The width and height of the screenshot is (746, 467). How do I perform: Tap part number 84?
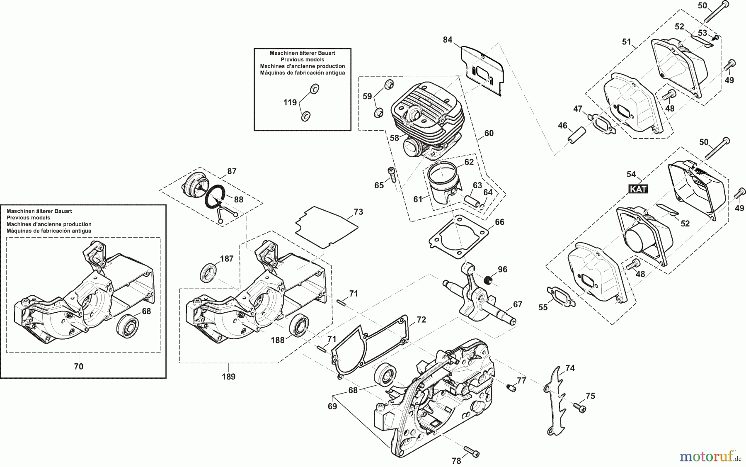pos(448,40)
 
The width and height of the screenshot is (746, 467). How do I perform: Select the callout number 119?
pos(290,102)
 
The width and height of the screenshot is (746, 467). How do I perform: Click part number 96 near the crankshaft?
pos(502,270)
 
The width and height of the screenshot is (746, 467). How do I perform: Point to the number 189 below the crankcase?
pos(229,377)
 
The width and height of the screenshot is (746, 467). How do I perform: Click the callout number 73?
pos(358,212)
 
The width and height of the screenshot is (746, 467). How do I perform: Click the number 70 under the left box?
pos(78,366)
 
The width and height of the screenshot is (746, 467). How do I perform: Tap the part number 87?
pos(232,171)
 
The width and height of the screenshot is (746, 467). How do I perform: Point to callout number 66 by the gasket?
pos(499,222)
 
